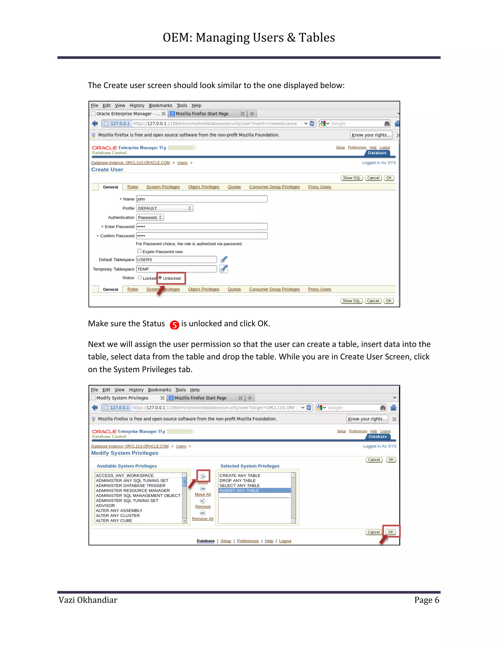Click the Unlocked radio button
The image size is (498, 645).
coord(160,278)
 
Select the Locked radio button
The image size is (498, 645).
coord(140,278)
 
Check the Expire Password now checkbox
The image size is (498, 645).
coord(139,251)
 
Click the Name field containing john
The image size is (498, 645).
coord(202,199)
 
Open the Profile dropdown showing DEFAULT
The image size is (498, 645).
coord(164,208)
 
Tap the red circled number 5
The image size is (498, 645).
coord(174,325)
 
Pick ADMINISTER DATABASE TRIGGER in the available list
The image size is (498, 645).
coord(130,486)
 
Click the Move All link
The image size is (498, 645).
coord(203,494)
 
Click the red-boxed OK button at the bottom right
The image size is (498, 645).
coord(391,532)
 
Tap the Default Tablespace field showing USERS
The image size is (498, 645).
coord(177,260)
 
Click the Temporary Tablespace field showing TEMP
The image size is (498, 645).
coord(177,269)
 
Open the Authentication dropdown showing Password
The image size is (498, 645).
coord(150,217)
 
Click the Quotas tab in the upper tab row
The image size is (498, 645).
coord(234,187)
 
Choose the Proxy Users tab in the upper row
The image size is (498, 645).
coord(320,187)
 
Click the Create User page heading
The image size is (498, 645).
coord(107,169)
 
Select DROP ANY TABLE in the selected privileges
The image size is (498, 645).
coord(238,480)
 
